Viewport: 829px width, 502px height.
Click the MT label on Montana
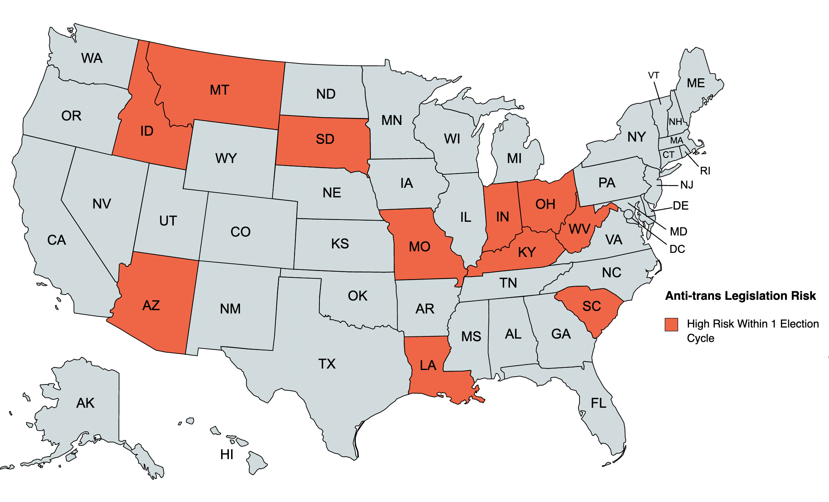[x=219, y=90]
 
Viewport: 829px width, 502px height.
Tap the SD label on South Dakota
[x=325, y=139]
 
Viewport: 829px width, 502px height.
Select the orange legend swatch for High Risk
[x=671, y=325]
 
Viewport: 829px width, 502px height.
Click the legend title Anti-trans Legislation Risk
[x=740, y=296]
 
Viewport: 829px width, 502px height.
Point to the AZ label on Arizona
[x=151, y=306]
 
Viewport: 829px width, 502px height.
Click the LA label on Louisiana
[x=428, y=366]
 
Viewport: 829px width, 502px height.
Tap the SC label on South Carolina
[x=591, y=306]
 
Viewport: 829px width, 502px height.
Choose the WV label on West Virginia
[x=579, y=229]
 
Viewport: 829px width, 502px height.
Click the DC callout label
[x=677, y=249]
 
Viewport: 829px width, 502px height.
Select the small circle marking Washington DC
[x=628, y=214]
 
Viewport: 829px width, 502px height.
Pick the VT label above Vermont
[x=653, y=75]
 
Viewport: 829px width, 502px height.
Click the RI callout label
[x=705, y=171]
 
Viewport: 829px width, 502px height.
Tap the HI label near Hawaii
[x=227, y=455]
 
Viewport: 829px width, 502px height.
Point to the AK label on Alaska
[x=85, y=403]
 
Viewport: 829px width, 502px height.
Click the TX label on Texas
[x=326, y=364]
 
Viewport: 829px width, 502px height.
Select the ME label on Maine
[x=696, y=83]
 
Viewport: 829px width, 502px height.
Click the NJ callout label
[x=687, y=185]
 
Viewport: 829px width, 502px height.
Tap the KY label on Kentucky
[x=527, y=252]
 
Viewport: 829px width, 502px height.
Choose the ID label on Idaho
[x=146, y=131]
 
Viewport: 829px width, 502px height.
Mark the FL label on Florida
[x=598, y=403]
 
